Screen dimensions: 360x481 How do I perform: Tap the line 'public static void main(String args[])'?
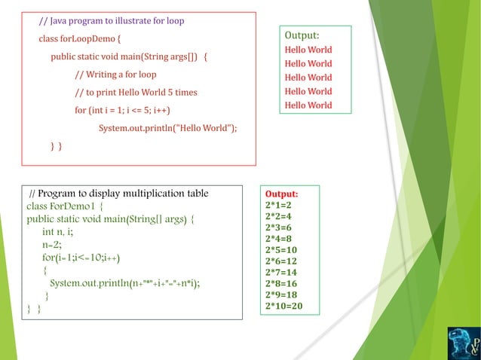(129, 56)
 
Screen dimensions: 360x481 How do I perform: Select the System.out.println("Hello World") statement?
(167, 128)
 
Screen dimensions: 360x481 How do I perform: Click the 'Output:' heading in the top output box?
(302, 35)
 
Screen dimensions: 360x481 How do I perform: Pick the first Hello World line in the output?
(308, 50)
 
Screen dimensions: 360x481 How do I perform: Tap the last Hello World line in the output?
(308, 105)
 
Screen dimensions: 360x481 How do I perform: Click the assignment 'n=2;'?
(51, 245)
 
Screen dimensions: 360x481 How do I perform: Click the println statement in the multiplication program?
(124, 283)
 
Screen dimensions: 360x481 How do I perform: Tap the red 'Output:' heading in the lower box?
(281, 194)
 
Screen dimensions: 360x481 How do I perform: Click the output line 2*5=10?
(280, 249)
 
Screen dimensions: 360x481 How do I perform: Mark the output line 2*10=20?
(283, 306)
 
